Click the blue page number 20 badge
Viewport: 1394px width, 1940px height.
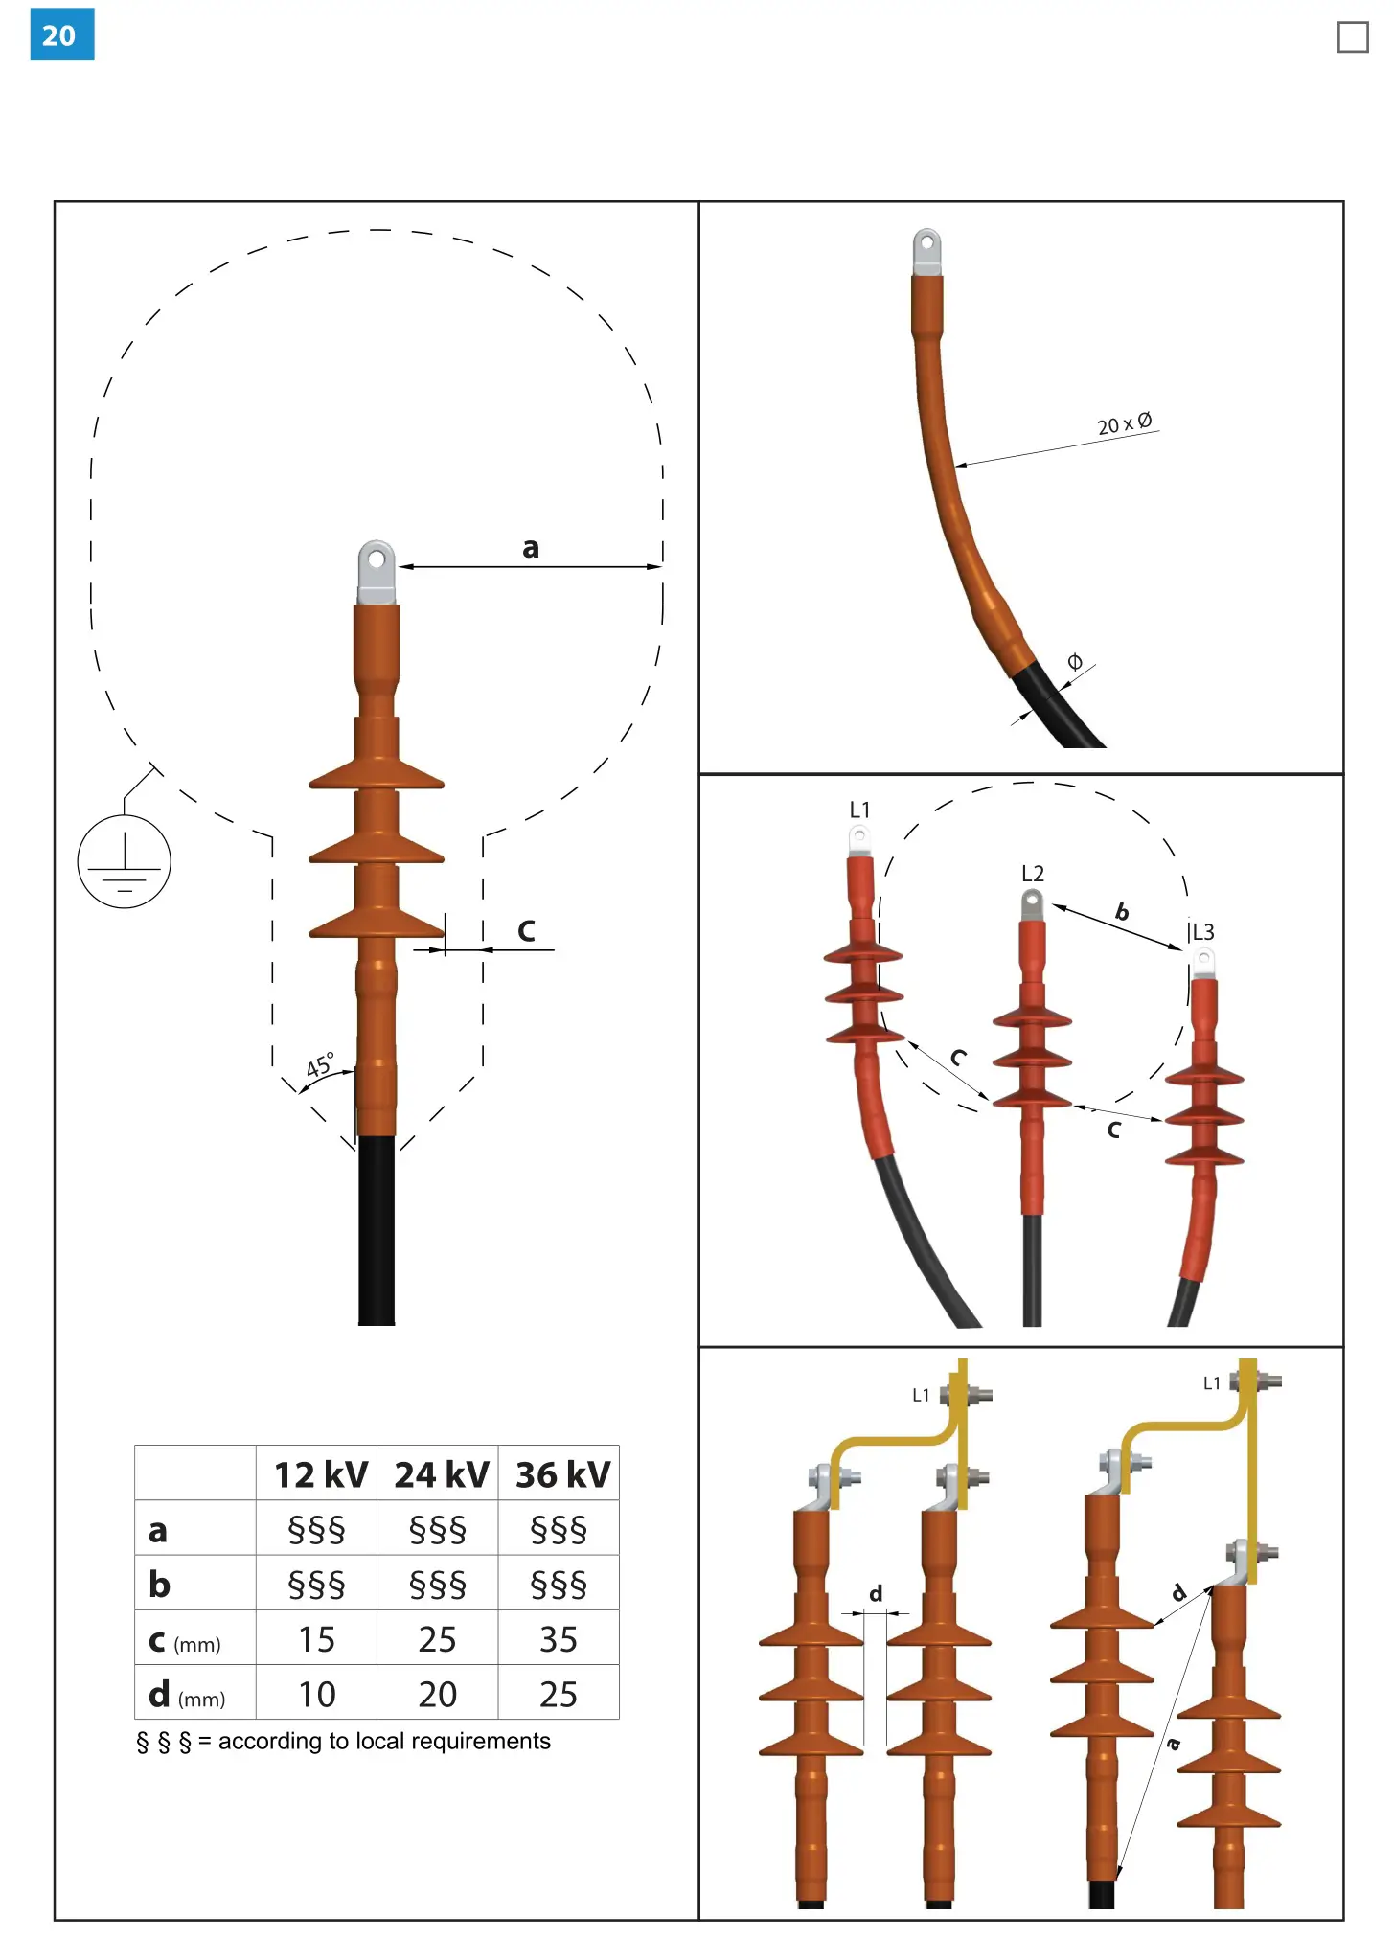[x=62, y=34]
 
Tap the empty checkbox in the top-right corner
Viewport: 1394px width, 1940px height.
[x=1352, y=37]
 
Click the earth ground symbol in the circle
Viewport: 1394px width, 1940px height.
[x=124, y=861]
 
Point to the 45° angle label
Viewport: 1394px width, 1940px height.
[x=320, y=1064]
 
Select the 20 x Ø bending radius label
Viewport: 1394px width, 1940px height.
[x=1124, y=423]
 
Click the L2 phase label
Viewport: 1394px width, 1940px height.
[x=1032, y=874]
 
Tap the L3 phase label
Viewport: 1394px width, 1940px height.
[x=1202, y=932]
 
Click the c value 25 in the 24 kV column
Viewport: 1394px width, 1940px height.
[x=437, y=1640]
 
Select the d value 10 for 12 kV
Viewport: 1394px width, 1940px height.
[x=316, y=1695]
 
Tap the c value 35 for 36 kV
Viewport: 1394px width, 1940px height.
[x=559, y=1640]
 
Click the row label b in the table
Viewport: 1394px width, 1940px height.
[x=159, y=1586]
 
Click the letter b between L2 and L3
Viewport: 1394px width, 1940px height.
[x=1122, y=912]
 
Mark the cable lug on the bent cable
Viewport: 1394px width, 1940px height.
[x=927, y=252]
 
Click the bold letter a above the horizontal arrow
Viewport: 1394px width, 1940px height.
[x=530, y=548]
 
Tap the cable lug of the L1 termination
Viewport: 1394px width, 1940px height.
[x=859, y=840]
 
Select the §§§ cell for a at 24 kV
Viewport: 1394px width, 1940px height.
[x=437, y=1530]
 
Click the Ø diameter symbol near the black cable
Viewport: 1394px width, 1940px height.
[x=1075, y=661]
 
